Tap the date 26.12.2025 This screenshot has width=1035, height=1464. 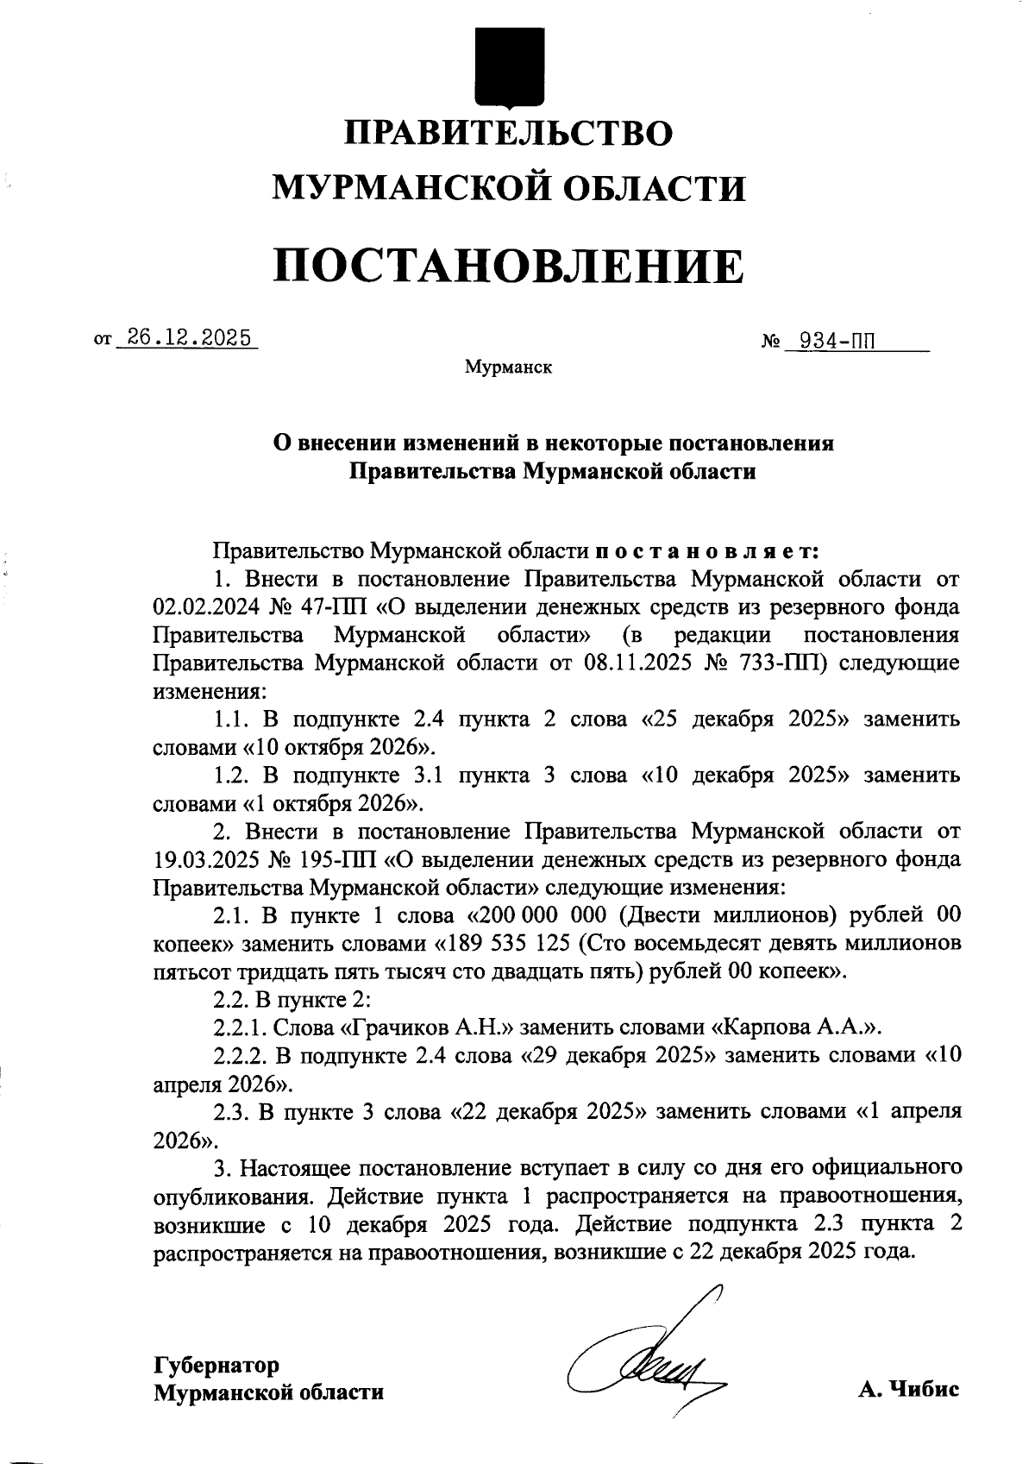[x=187, y=337]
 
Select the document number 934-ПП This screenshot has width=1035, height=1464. [x=834, y=342]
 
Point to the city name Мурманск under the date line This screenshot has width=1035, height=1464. [x=509, y=368]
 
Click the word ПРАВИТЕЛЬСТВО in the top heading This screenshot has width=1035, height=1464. [x=509, y=133]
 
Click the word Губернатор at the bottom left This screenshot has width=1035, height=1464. [x=216, y=1365]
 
